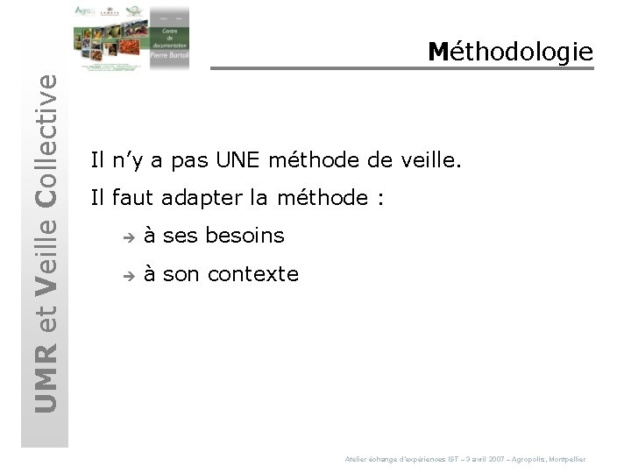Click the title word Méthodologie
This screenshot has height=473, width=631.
pos(511,52)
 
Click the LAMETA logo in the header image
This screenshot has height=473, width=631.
pos(111,12)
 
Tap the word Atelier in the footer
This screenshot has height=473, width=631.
pos(357,459)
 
